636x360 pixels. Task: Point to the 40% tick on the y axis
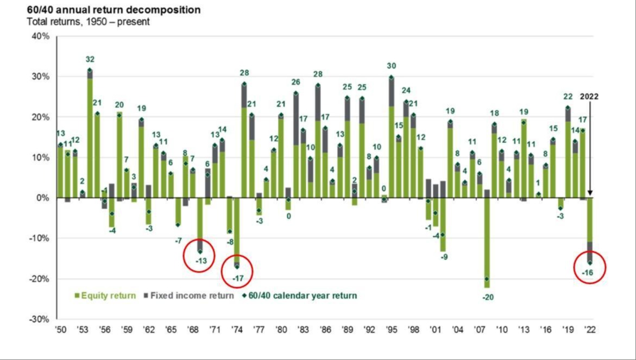41,36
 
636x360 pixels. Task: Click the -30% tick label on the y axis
40,319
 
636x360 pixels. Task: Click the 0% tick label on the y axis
43,198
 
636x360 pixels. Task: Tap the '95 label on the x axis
391,329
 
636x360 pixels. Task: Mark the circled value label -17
237,279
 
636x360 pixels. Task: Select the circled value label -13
200,261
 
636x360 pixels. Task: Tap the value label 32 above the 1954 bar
90,60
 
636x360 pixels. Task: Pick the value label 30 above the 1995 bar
391,66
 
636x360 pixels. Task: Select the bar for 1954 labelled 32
90,136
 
